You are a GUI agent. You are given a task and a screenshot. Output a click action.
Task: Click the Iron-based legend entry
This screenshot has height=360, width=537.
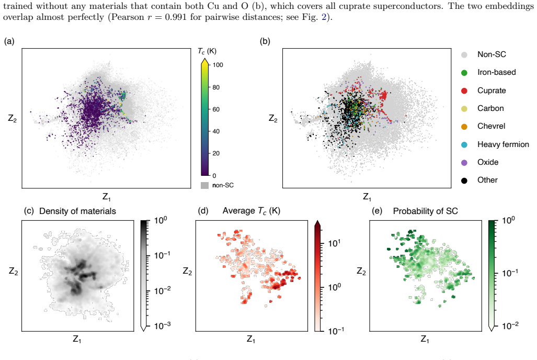496,72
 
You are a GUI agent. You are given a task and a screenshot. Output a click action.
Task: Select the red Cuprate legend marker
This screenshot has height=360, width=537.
464,91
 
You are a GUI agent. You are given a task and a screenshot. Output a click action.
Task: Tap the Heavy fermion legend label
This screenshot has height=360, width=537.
503,144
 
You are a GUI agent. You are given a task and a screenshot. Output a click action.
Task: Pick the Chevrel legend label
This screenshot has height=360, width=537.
491,126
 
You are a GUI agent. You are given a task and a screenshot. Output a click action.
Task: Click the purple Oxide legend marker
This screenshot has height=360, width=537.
464,163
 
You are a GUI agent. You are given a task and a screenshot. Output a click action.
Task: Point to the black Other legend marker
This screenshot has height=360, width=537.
464,181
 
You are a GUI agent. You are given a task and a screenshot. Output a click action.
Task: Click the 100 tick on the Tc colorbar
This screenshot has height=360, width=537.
218,65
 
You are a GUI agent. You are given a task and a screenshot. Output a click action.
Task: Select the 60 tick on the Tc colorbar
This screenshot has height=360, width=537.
216,109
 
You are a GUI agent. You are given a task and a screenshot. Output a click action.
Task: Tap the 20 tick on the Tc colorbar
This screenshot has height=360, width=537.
216,153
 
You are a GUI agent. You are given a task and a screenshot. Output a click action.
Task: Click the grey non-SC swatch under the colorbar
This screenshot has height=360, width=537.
204,185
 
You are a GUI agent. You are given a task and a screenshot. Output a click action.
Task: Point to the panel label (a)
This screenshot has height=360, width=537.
9,41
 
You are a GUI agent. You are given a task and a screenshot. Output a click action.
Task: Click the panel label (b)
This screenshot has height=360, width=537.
265,41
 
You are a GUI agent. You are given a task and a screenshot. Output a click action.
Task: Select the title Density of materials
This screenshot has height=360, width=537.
78,211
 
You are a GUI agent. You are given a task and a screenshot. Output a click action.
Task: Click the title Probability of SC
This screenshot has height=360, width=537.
425,211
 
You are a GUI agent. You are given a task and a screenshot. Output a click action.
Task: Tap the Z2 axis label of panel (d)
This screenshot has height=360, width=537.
187,272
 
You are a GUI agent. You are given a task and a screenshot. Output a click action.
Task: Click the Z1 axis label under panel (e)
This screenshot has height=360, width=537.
425,340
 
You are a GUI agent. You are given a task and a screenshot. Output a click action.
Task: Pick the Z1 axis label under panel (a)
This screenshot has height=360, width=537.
107,197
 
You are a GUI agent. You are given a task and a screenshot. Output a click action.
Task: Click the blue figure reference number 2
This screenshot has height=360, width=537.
324,17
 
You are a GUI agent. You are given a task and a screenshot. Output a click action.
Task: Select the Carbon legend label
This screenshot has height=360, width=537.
490,108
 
